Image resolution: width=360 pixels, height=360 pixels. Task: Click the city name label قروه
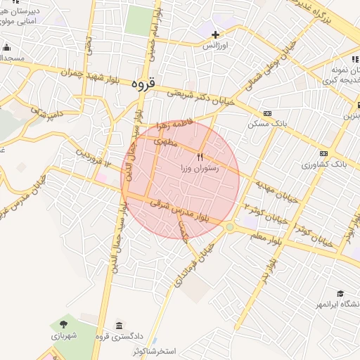click(x=142, y=84)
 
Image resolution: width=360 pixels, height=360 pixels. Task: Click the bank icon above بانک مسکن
click(x=267, y=113)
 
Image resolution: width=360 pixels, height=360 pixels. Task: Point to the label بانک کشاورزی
click(x=325, y=164)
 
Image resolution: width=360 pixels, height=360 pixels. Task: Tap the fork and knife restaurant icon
click(x=202, y=157)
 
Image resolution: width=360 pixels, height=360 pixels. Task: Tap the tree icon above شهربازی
click(x=64, y=325)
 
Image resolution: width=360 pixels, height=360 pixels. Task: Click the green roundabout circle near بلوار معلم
click(x=230, y=227)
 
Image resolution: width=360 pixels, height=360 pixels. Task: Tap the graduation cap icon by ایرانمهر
click(x=340, y=294)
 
